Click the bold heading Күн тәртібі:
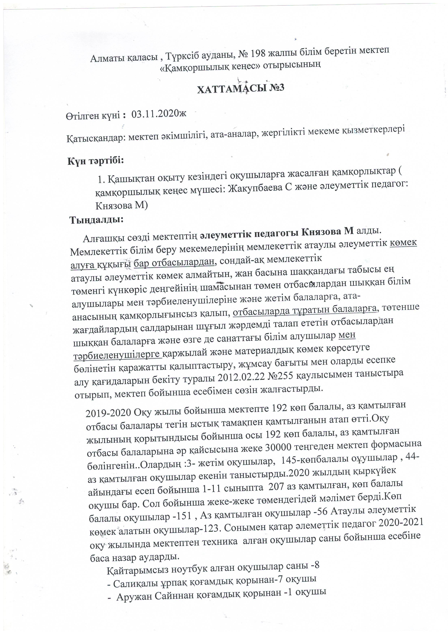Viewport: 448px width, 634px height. (x=96, y=161)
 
